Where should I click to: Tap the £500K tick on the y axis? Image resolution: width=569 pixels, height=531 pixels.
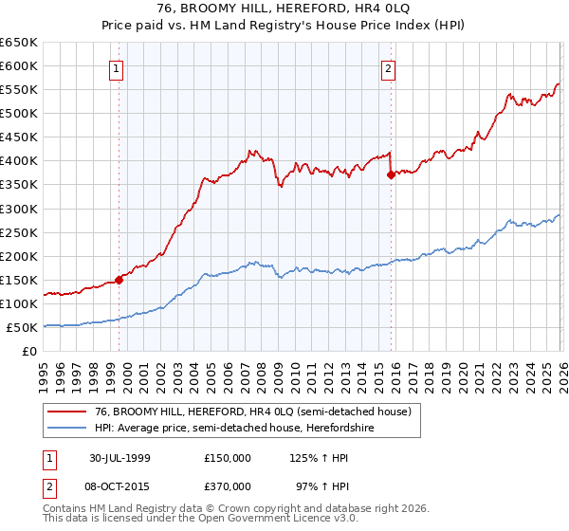pyautogui.click(x=19, y=114)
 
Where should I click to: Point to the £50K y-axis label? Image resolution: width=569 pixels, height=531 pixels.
pyautogui.click(x=22, y=327)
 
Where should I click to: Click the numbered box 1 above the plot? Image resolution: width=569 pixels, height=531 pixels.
pyautogui.click(x=116, y=68)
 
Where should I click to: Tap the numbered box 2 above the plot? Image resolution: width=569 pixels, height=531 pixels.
pyautogui.click(x=389, y=68)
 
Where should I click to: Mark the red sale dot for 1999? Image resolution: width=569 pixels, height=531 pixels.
pyautogui.click(x=119, y=280)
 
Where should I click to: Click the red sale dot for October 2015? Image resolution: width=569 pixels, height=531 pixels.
pyautogui.click(x=391, y=174)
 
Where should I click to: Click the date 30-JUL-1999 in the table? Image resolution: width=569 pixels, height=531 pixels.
pyautogui.click(x=120, y=457)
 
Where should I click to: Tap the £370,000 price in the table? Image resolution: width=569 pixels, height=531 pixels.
pyautogui.click(x=228, y=485)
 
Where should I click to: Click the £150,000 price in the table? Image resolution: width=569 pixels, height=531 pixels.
pyautogui.click(x=228, y=457)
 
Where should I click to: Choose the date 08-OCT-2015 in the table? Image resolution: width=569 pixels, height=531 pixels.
pyautogui.click(x=121, y=485)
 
